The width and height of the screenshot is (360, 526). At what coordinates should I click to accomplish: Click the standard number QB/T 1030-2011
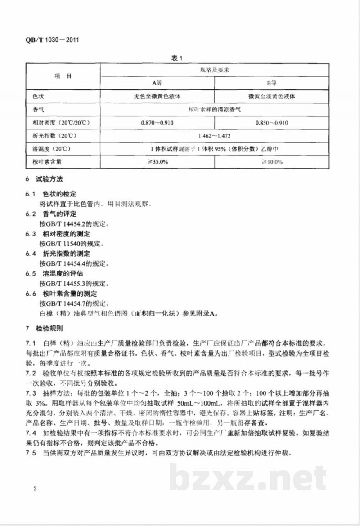(47, 40)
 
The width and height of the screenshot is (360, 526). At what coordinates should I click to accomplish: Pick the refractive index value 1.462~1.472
(215, 135)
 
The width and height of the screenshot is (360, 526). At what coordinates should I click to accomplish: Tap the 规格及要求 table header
(215, 71)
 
